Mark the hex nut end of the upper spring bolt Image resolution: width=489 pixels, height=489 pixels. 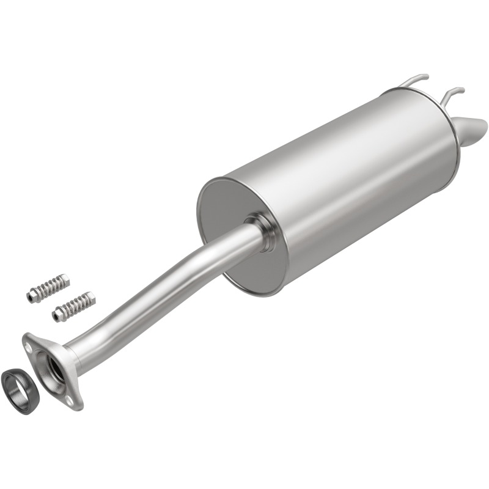pyautogui.click(x=31, y=296)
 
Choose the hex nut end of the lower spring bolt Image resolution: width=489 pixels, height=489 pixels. pyautogui.click(x=57, y=315)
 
